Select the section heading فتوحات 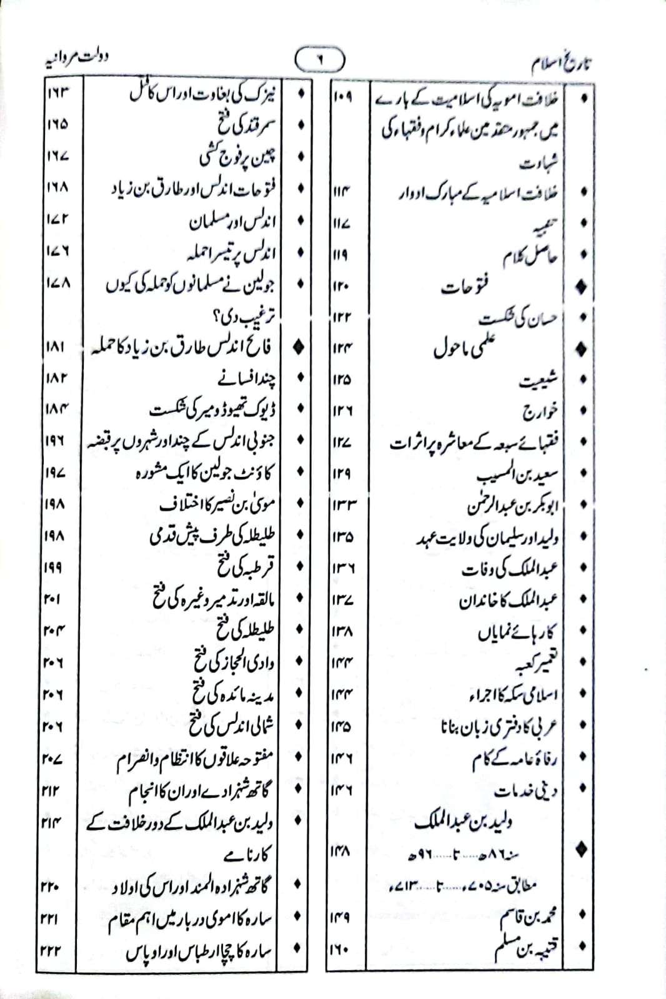465,288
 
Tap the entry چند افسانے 249,378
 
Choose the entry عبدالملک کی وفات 509,568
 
